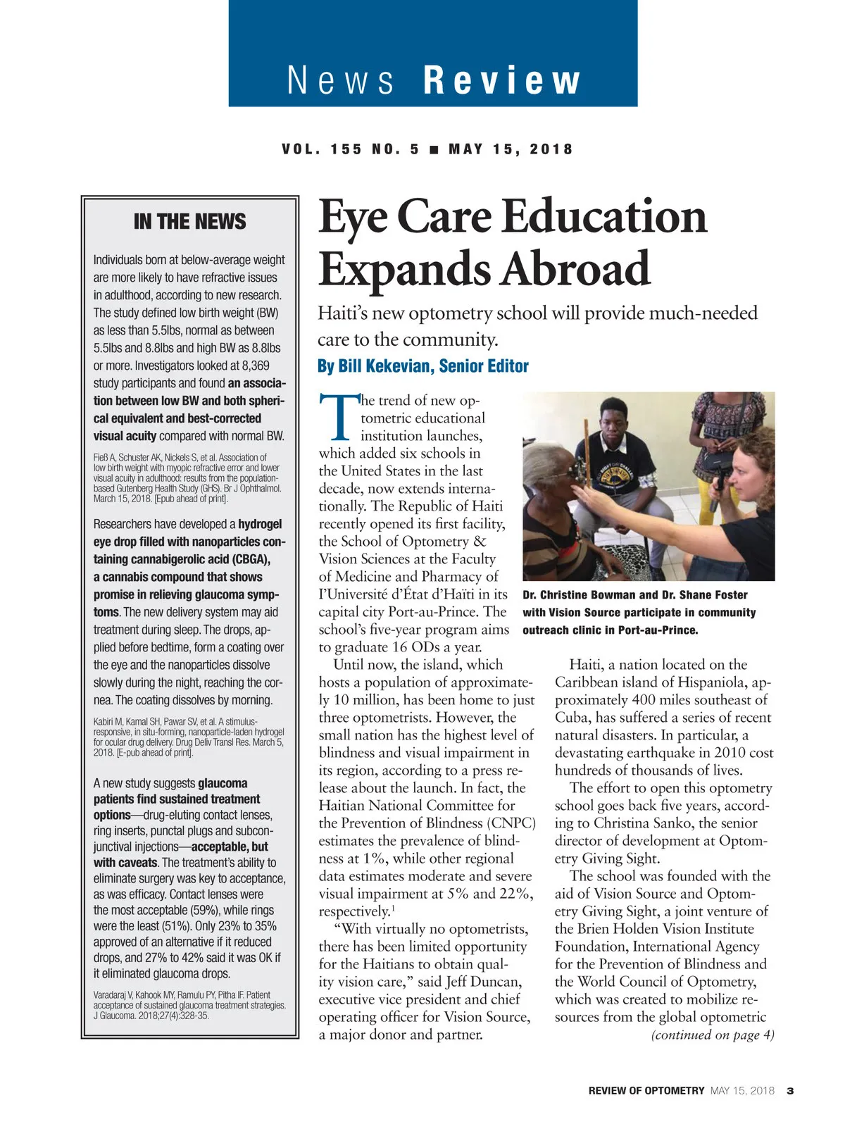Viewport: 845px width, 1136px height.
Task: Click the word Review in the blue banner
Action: (502, 80)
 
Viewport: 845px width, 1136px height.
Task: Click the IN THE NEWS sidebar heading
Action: (189, 222)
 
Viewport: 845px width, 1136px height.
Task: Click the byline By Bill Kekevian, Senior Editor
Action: (423, 366)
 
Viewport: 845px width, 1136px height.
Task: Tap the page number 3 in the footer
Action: (790, 1091)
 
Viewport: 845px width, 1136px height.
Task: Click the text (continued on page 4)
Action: (713, 1035)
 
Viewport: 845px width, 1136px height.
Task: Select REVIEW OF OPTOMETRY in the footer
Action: (646, 1091)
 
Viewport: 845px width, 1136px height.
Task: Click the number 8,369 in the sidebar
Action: (250, 366)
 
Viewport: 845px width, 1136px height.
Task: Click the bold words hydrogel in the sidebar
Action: (260, 524)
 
